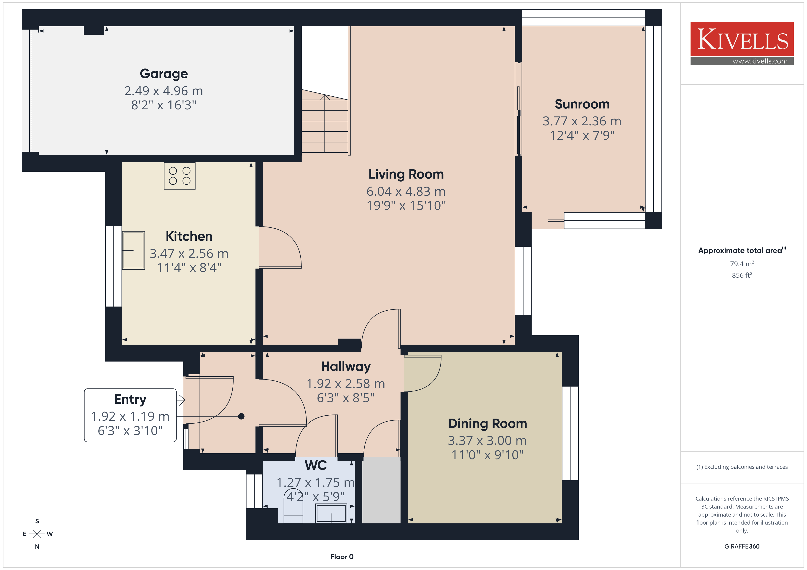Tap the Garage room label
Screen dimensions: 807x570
click(164, 74)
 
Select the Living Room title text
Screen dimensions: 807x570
click(406, 174)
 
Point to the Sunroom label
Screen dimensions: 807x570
click(582, 104)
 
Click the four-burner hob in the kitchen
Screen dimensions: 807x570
click(180, 176)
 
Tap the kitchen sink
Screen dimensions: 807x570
click(134, 250)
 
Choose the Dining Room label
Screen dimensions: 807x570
click(487, 424)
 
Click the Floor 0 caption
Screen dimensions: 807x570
click(342, 557)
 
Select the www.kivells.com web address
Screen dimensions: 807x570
click(760, 61)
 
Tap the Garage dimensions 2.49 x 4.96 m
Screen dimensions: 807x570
click(164, 91)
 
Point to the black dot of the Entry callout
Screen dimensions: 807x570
click(241, 416)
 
